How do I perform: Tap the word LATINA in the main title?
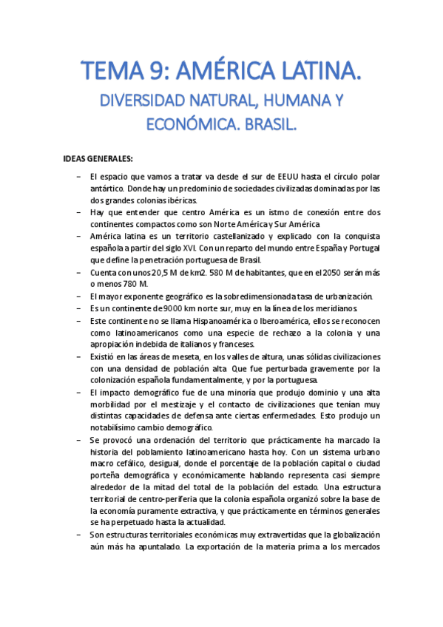tap(313, 72)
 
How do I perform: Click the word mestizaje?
tap(211, 404)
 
